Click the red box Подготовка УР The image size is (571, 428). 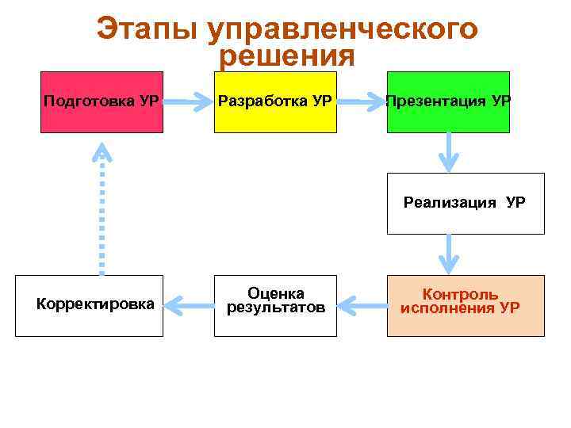pos(102,101)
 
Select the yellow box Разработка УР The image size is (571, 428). pos(275,101)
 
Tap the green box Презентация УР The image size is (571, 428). pos(448,101)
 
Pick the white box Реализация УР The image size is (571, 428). pos(466,203)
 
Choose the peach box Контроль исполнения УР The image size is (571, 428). pos(466,305)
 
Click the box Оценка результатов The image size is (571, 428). pos(275,305)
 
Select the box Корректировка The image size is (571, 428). pos(89,305)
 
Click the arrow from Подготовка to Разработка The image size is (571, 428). pos(188,102)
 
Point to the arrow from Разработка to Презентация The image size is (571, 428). pos(361,102)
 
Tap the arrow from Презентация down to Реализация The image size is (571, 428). pos(449,151)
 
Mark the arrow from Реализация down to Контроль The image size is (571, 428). pos(449,254)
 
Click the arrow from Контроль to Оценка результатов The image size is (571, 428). pos(362,303)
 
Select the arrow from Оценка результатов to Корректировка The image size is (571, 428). pos(188,303)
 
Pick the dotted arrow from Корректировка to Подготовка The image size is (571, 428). pos(102,210)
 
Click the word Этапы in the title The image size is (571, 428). pos(147,30)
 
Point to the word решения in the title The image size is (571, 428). pos(286,57)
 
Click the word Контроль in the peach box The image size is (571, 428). pos(460,295)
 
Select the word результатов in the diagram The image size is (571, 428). pos(276,308)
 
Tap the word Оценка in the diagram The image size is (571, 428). pos(276,293)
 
